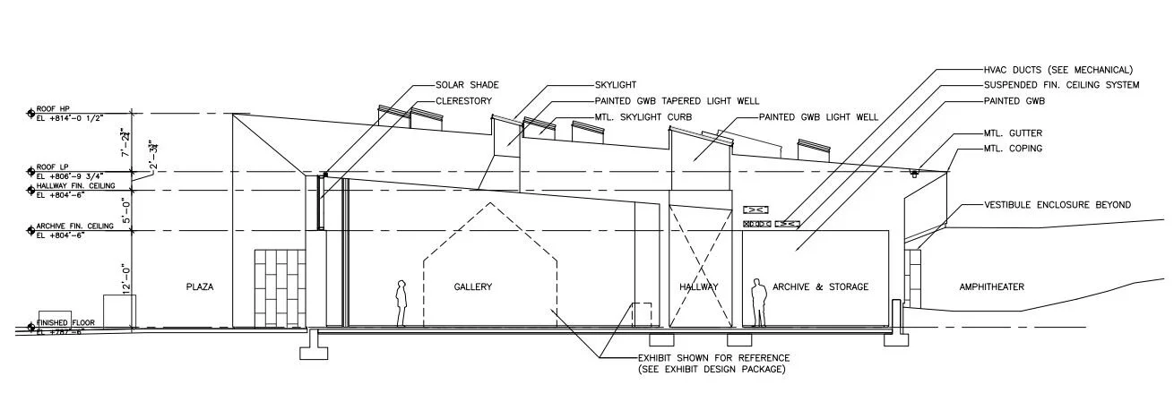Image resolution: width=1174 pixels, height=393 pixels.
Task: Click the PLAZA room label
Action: pyautogui.click(x=200, y=286)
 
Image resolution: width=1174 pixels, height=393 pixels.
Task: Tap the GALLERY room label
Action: pyautogui.click(x=472, y=286)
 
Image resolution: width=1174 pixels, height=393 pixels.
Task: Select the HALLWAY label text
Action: pyautogui.click(x=699, y=286)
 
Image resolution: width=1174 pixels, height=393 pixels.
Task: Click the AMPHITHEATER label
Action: pyautogui.click(x=992, y=286)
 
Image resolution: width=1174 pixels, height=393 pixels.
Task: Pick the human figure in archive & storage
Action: pyautogui.click(x=758, y=302)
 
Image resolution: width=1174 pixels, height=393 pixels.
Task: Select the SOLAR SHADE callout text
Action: pyautogui.click(x=467, y=85)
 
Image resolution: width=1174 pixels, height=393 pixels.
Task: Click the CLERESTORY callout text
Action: pyautogui.click(x=467, y=100)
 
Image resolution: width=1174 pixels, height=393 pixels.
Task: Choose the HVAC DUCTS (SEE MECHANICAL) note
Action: pyautogui.click(x=1057, y=69)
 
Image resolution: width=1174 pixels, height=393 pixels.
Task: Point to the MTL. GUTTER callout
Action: pyautogui.click(x=1013, y=133)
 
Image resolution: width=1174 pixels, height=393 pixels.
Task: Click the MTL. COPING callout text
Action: pyautogui.click(x=1013, y=149)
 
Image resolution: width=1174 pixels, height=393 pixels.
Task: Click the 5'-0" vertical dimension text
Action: pyautogui.click(x=126, y=209)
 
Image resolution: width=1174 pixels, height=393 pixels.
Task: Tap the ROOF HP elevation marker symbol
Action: pyautogui.click(x=30, y=114)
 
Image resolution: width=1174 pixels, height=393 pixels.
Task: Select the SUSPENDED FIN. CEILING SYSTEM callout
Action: pyautogui.click(x=1061, y=85)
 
